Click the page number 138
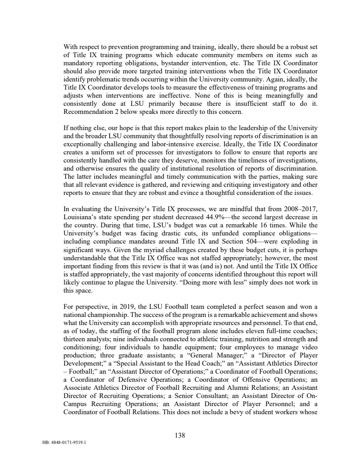pos(180,435)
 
